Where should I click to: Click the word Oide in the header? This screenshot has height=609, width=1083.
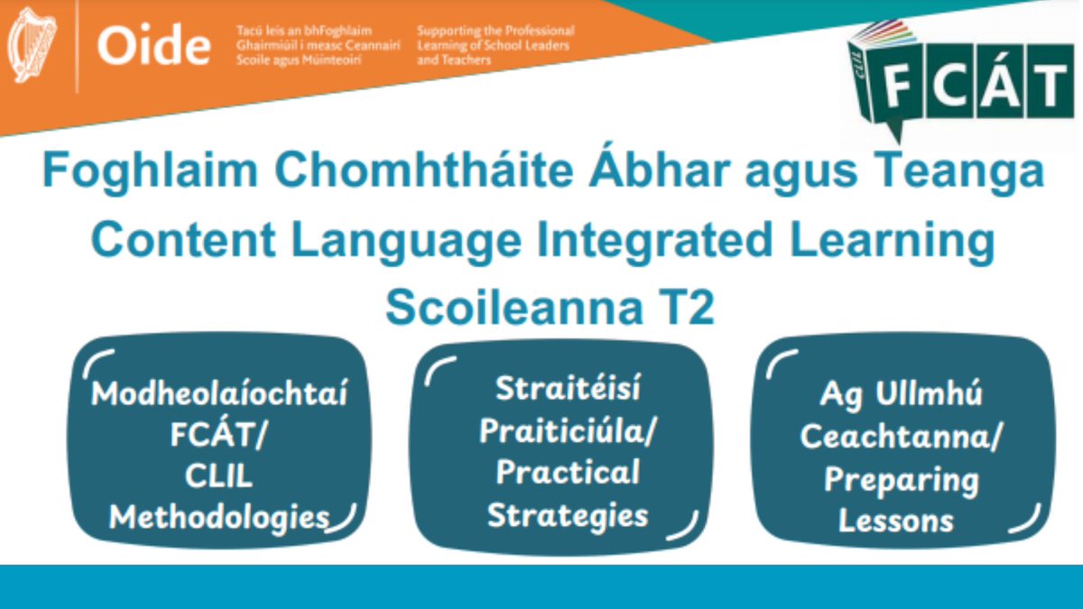(153, 46)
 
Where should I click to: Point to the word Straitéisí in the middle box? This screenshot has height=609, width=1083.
(568, 391)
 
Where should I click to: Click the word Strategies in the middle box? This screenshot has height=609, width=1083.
(568, 514)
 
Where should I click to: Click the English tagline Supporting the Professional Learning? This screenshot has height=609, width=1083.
(495, 45)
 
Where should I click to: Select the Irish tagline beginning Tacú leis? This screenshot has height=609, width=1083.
(317, 45)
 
